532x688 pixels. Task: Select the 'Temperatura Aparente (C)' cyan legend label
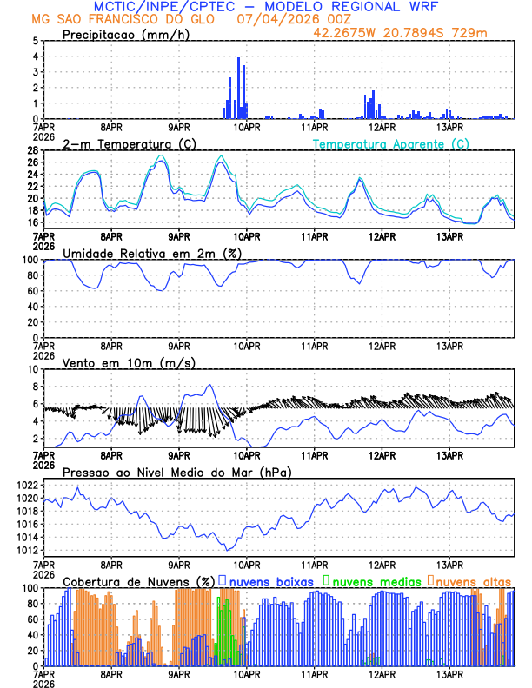point(390,143)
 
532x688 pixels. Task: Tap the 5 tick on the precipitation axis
point(36,41)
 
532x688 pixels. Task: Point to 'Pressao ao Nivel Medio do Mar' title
point(177,472)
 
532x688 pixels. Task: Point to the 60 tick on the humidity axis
point(33,291)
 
